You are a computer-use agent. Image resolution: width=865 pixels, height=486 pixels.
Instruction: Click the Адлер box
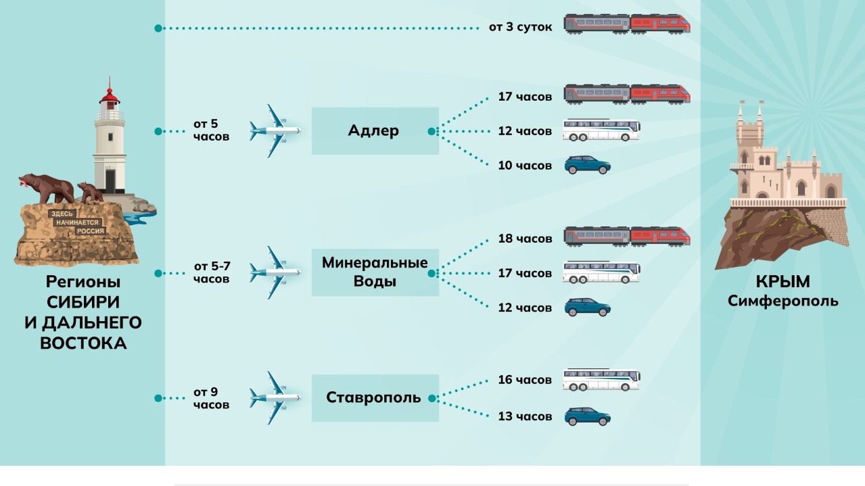[x=375, y=131]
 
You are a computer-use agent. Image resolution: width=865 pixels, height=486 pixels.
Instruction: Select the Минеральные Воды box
[x=375, y=272]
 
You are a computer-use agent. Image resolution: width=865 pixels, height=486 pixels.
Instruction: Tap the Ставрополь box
[x=375, y=397]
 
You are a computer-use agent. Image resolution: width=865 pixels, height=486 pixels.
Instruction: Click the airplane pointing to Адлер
[x=274, y=130]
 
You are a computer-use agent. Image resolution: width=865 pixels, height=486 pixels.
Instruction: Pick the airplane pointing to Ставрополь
[x=274, y=397]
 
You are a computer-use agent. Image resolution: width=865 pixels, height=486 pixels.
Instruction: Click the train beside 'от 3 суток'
[x=627, y=24]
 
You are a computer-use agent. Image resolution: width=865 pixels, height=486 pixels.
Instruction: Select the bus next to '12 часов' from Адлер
[x=601, y=130]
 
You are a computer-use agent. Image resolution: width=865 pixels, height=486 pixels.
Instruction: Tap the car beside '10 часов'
[x=587, y=165]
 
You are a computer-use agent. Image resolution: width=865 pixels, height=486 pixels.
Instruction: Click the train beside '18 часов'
[x=627, y=237]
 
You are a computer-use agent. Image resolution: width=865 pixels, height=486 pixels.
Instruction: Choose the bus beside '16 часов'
[x=601, y=380]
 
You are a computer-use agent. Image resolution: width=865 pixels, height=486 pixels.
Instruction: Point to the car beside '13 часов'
[x=587, y=416]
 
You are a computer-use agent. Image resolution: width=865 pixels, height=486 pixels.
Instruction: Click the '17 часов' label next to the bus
[x=525, y=273]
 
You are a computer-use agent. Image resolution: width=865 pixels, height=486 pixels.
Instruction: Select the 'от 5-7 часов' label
[x=212, y=272]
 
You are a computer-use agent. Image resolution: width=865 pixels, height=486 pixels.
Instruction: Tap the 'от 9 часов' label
[x=211, y=398]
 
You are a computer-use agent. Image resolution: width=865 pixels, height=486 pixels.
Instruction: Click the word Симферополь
[x=782, y=301]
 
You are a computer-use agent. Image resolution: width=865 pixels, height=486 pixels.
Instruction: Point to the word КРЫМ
[x=782, y=282]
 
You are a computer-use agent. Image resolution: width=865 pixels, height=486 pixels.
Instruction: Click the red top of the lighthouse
[x=109, y=95]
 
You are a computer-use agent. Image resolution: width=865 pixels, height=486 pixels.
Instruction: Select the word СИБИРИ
[x=83, y=301]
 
